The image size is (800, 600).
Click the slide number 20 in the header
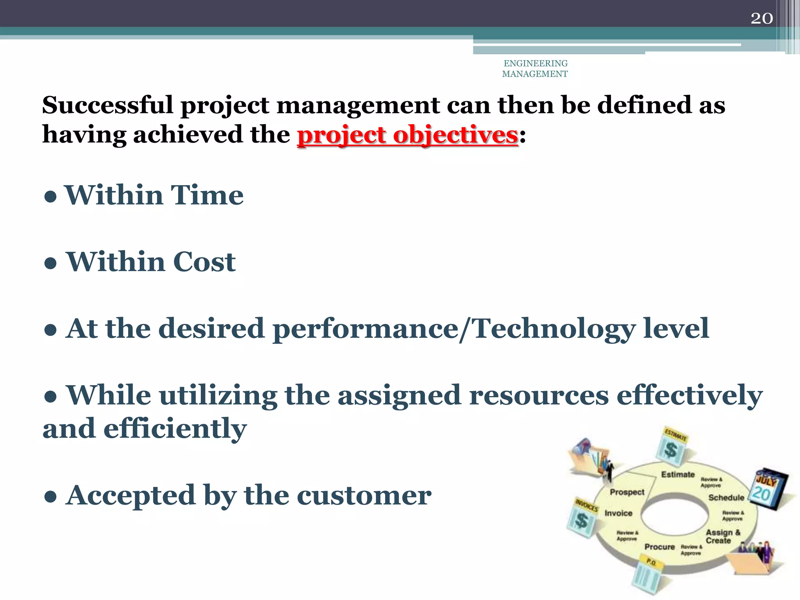click(x=761, y=18)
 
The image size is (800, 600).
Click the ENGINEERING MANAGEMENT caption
click(x=535, y=69)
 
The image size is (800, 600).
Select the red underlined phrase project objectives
click(x=407, y=135)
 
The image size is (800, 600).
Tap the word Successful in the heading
click(x=107, y=105)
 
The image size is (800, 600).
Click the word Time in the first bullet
click(x=207, y=195)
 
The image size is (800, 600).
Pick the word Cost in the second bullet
click(x=204, y=262)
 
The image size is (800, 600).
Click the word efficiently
click(x=175, y=429)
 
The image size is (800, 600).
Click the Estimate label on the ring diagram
click(x=678, y=475)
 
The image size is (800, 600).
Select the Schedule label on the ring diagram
click(x=726, y=498)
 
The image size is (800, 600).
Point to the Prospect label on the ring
click(x=627, y=492)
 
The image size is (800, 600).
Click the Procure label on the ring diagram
click(x=660, y=547)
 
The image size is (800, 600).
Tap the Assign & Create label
click(x=722, y=537)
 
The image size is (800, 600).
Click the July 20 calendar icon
click(x=768, y=488)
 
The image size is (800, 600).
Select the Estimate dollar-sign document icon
click(x=672, y=447)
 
